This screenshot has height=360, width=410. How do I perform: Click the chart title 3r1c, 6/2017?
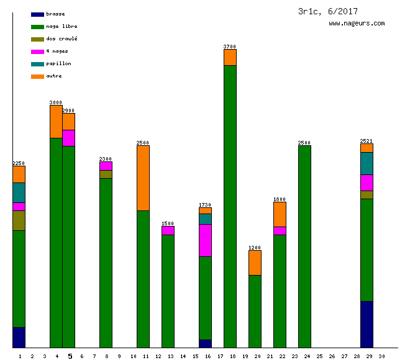click(327, 11)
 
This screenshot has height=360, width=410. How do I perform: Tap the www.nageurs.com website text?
click(357, 24)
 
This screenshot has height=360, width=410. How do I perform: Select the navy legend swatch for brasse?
click(37, 14)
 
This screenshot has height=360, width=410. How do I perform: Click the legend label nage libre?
click(61, 26)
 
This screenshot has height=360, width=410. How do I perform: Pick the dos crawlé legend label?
click(61, 38)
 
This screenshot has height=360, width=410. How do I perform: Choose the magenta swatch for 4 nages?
click(37, 52)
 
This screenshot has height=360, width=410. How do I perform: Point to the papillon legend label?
click(58, 63)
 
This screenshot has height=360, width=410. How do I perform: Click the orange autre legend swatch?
click(37, 76)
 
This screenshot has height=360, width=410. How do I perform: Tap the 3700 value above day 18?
click(230, 47)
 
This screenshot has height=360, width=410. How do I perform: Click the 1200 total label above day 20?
click(255, 248)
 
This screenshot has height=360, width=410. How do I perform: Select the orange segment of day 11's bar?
click(143, 178)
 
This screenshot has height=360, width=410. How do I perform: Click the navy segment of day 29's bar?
click(367, 324)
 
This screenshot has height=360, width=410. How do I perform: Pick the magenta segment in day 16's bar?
click(205, 240)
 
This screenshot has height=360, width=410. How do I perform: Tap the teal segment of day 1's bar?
click(19, 192)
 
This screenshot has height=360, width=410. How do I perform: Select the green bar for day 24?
click(304, 246)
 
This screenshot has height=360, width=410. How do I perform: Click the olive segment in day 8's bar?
click(106, 174)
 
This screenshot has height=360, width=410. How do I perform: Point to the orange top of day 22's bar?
click(280, 214)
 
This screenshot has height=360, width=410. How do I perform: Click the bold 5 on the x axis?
click(70, 356)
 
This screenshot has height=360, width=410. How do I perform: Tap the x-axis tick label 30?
click(381, 356)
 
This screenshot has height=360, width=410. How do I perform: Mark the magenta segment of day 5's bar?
click(68, 138)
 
